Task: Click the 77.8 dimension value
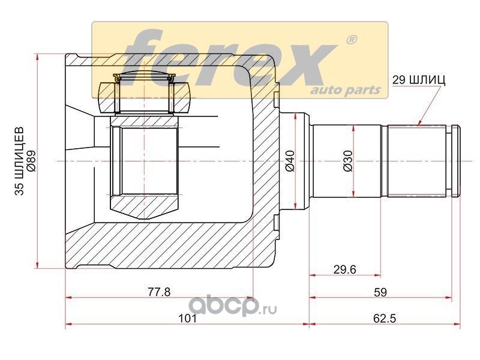[159, 292]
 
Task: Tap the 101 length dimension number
[187, 319]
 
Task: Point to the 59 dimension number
[380, 292]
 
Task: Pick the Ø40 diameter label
[290, 161]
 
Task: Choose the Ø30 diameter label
[348, 161]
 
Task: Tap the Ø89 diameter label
[31, 161]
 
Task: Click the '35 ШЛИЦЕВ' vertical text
[20, 161]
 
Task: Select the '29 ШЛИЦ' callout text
[419, 80]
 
